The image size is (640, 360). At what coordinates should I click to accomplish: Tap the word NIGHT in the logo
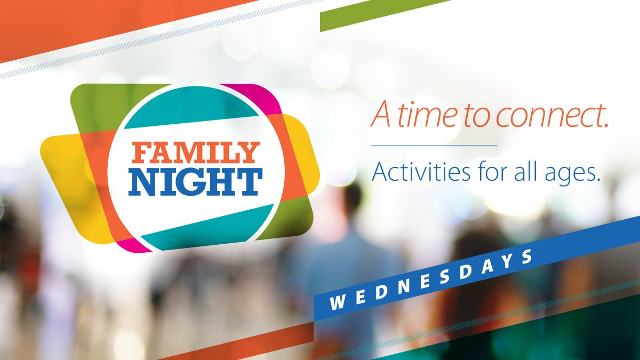[x=195, y=182]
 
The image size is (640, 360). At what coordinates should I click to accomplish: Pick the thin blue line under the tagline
[x=434, y=145]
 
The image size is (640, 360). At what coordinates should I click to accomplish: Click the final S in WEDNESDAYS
[x=527, y=257]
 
